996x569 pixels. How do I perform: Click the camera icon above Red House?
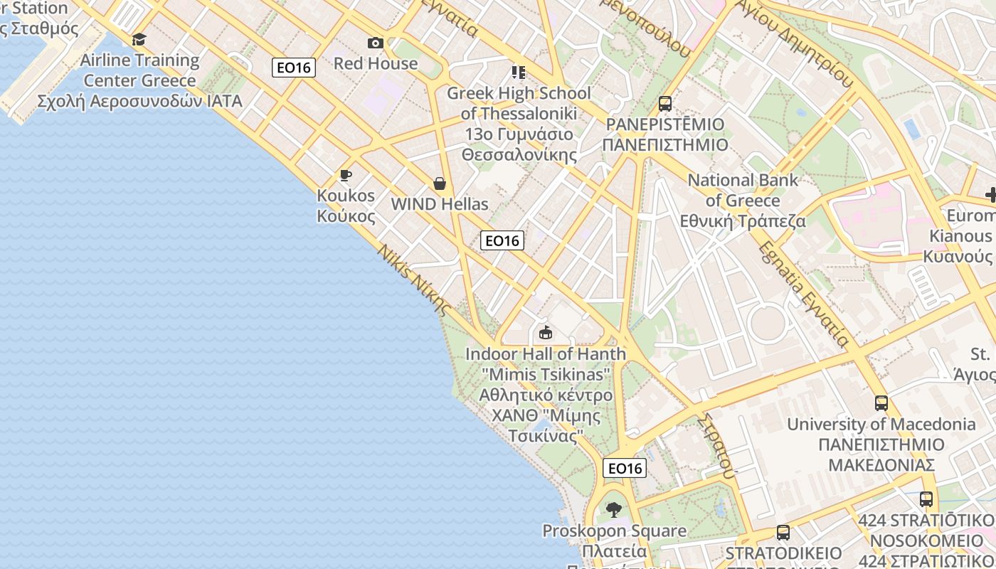click(x=376, y=43)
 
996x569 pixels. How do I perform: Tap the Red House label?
click(x=376, y=63)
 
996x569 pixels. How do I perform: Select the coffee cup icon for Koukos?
click(x=346, y=175)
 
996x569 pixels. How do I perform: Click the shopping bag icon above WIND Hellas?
click(x=440, y=184)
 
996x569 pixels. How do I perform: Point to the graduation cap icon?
click(x=139, y=39)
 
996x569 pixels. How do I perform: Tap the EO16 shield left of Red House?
click(x=294, y=68)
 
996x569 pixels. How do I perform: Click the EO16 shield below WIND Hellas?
click(x=502, y=240)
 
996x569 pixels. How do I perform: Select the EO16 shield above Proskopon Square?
click(x=625, y=468)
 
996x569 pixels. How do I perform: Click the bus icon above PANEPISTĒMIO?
click(x=665, y=104)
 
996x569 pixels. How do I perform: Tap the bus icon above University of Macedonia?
click(x=881, y=403)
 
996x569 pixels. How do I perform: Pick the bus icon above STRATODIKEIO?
click(x=783, y=532)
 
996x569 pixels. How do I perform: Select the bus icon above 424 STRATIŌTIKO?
click(x=926, y=499)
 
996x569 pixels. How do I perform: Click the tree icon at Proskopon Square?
click(x=614, y=509)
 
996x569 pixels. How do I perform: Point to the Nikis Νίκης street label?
click(x=414, y=280)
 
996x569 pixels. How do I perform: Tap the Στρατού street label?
click(x=716, y=445)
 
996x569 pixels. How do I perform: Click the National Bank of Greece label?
click(x=743, y=201)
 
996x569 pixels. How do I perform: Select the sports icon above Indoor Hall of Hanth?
click(x=546, y=332)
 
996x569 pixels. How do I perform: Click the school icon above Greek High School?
click(x=518, y=73)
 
